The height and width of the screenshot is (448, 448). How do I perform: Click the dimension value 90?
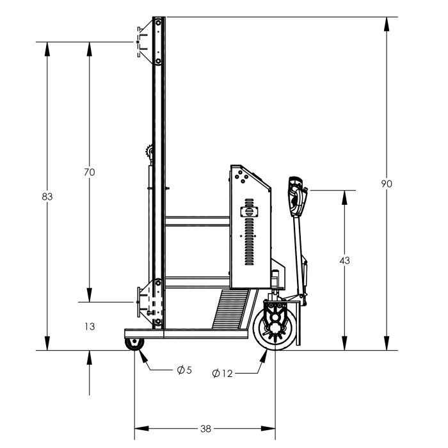(387, 184)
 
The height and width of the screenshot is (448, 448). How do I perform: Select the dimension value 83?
(47, 196)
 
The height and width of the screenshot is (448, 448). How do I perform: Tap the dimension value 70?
(90, 172)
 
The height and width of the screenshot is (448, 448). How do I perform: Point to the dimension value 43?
(344, 260)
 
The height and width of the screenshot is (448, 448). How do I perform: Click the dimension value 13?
(90, 326)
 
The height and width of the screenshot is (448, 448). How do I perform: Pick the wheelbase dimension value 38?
(205, 429)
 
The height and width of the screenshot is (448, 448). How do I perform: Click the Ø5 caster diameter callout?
(184, 370)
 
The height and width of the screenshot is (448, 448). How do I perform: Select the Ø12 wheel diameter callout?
(222, 373)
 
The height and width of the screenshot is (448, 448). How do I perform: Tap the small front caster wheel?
(134, 344)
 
